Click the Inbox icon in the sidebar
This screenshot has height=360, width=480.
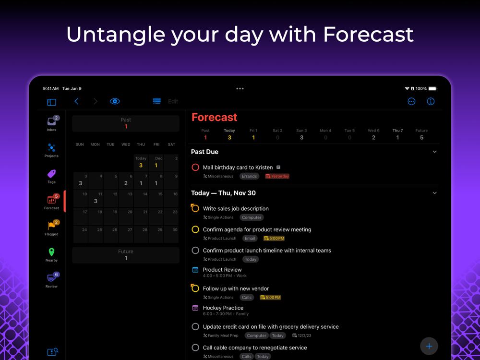pyautogui.click(x=51, y=121)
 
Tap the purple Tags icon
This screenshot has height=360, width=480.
pyautogui.click(x=51, y=174)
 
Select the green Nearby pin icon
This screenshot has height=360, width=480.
pyautogui.click(x=51, y=252)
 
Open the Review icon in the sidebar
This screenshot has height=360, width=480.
pyautogui.click(x=51, y=277)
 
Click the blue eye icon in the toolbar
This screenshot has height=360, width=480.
pyautogui.click(x=115, y=101)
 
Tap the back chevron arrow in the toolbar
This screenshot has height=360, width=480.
pyautogui.click(x=76, y=101)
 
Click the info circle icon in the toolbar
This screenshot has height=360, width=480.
pyautogui.click(x=431, y=101)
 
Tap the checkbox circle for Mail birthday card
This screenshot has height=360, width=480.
pyautogui.click(x=195, y=168)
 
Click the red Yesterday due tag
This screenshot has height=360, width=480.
pyautogui.click(x=277, y=176)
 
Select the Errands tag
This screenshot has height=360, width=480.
pyautogui.click(x=249, y=176)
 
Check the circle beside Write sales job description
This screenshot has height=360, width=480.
pyautogui.click(x=195, y=208)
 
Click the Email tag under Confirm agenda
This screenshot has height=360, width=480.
pyautogui.click(x=250, y=239)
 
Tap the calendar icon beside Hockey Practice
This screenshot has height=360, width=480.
pyautogui.click(x=195, y=308)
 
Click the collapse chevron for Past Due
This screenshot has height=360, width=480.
pyautogui.click(x=435, y=152)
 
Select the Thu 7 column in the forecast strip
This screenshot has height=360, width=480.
pyautogui.click(x=397, y=134)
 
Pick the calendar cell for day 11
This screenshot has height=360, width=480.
pyautogui.click(x=96, y=198)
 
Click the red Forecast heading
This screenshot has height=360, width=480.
pyautogui.click(x=214, y=117)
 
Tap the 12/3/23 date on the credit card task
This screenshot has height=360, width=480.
pyautogui.click(x=302, y=336)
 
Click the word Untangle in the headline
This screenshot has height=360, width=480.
pyautogui.click(x=116, y=35)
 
